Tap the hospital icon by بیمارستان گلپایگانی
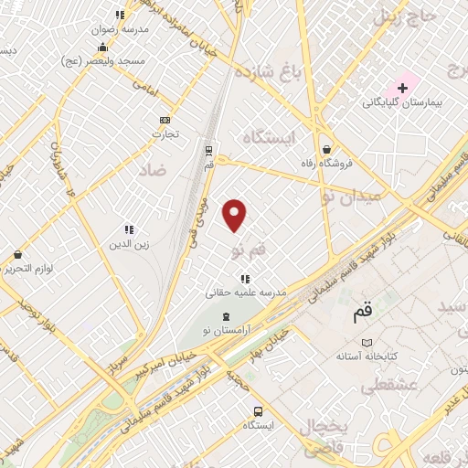402,87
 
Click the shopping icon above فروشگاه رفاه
326,149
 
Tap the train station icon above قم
208,149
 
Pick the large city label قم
362,313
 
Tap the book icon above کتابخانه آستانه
367,341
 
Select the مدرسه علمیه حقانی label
245,292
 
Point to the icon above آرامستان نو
226,315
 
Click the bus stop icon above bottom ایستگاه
259,411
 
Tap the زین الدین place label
129,244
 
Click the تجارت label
165,133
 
